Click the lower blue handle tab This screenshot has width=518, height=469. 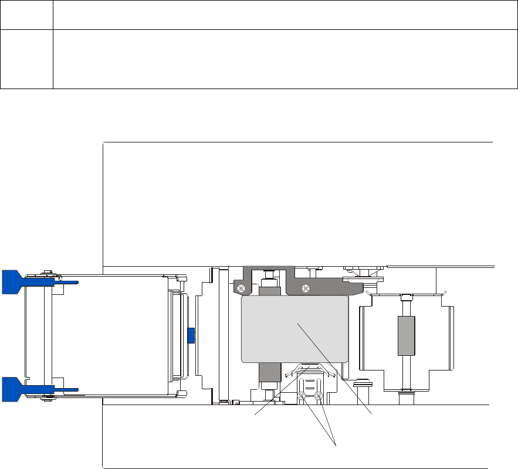click(12, 389)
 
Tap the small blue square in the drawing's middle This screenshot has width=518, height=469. click(190, 336)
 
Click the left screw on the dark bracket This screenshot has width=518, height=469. click(241, 287)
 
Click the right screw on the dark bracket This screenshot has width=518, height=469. click(305, 287)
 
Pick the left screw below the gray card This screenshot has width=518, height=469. click(301, 396)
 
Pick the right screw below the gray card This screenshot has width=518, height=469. click(319, 396)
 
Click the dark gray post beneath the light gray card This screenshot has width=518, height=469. click(268, 373)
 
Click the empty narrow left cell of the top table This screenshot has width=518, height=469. click(27, 59)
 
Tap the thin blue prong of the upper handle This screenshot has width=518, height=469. click(67, 282)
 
